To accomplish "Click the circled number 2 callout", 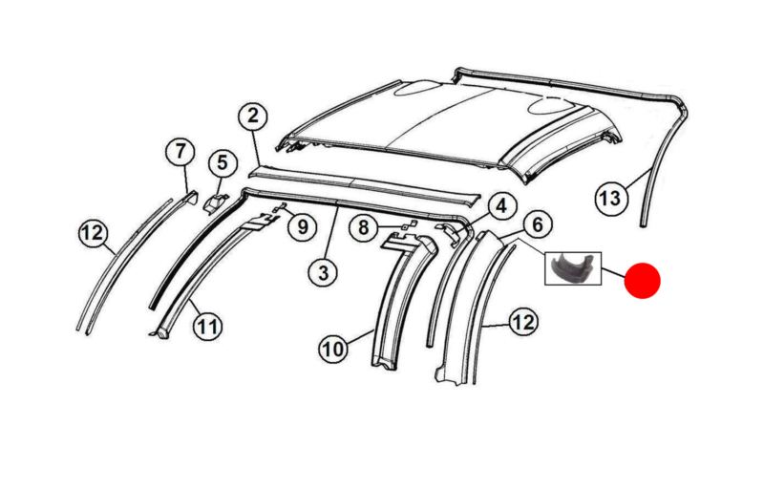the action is click(x=252, y=117).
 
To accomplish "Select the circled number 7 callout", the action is click(x=180, y=152).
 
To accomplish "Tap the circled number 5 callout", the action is click(x=223, y=162).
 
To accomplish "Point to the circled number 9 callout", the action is click(x=303, y=226).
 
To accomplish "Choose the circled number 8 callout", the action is click(x=364, y=227).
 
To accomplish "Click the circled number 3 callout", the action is click(x=324, y=273).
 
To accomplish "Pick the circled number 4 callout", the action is click(x=500, y=206).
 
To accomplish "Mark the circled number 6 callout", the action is click(x=538, y=224).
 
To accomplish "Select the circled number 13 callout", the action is click(x=610, y=199).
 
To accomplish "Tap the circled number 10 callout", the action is click(x=333, y=349).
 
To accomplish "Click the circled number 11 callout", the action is click(x=208, y=326).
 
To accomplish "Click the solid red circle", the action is click(x=642, y=280).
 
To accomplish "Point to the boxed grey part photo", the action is click(x=573, y=267).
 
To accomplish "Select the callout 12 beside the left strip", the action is click(x=93, y=233).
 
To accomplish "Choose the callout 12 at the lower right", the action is click(x=523, y=322).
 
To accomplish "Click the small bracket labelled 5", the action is click(x=215, y=202).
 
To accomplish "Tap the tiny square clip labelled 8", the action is click(x=408, y=225).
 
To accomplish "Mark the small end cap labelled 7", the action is click(x=190, y=197).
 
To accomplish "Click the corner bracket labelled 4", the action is click(x=448, y=232).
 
